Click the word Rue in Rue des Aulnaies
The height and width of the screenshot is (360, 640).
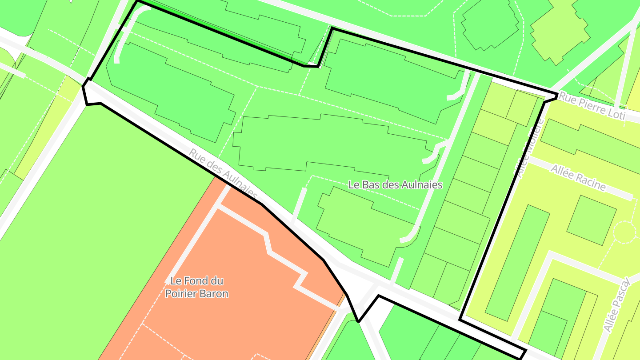click(x=197, y=157)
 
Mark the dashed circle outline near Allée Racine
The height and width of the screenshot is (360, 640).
click(x=624, y=232)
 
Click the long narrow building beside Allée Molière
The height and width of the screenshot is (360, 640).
click(x=516, y=262)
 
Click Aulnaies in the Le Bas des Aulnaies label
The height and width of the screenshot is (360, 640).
click(x=421, y=184)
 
